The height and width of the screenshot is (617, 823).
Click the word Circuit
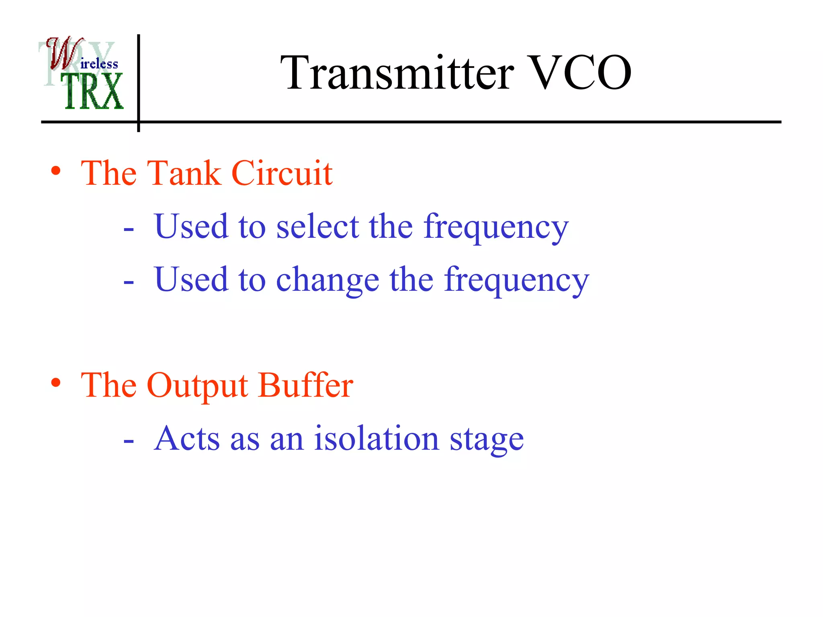coord(282,173)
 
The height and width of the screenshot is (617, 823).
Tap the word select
coord(317,227)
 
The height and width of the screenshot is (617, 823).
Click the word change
coord(328,280)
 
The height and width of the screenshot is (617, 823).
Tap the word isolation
coord(377,438)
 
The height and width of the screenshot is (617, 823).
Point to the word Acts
coord(187,438)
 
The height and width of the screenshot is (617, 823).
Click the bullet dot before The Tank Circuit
coord(56,171)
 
